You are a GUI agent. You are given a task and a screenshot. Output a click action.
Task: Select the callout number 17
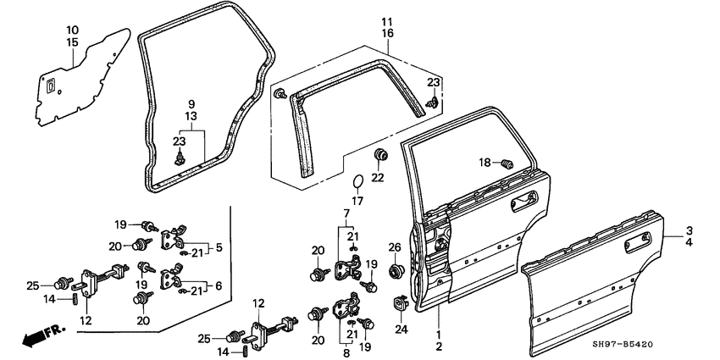(357, 201)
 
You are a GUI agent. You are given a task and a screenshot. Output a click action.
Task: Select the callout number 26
(394, 247)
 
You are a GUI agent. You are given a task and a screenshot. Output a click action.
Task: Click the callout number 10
(72, 30)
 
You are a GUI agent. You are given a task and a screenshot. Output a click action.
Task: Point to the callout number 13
(192, 115)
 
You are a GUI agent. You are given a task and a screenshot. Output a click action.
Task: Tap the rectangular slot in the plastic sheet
(51, 86)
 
